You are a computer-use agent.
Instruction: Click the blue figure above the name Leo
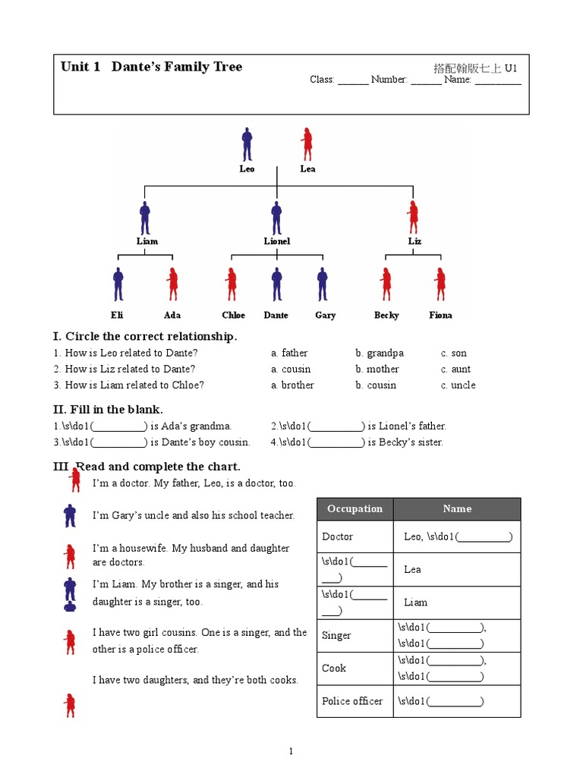[x=247, y=144]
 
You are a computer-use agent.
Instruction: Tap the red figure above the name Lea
[x=307, y=144]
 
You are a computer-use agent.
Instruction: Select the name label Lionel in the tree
[x=276, y=241]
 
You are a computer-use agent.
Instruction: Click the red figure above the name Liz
[x=414, y=218]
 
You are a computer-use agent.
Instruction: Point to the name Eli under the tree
[x=117, y=315]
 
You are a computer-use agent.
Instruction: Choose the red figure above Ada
[x=172, y=285]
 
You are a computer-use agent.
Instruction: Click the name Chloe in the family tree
[x=234, y=315]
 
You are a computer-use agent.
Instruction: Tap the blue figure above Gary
[x=322, y=285]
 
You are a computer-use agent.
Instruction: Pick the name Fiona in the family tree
[x=440, y=315]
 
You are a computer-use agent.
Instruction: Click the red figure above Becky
[x=386, y=285]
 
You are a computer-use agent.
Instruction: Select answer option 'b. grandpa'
[x=379, y=353]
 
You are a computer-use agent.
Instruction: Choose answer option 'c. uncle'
[x=459, y=385]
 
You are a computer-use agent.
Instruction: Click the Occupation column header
[x=355, y=508]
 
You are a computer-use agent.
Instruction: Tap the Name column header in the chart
[x=457, y=508]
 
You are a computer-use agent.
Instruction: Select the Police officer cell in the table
[x=352, y=701]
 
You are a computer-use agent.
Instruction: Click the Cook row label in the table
[x=334, y=668]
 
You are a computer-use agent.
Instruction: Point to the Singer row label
[x=337, y=635]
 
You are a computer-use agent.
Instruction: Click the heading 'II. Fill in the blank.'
[x=108, y=410]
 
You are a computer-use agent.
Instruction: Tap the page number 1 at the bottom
[x=291, y=751]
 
